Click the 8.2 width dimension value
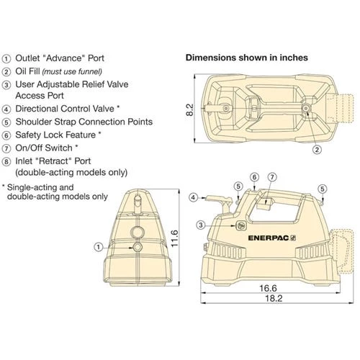pos(189,109)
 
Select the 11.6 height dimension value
pos(174,238)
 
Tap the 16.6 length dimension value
pos(268,288)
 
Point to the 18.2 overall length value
pos(274,298)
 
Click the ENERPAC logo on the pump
pos(272,238)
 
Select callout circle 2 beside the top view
pos(317,150)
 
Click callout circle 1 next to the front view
pos(99,247)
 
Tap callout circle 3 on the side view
pos(201,225)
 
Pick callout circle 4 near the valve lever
pos(194,198)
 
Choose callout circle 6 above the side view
pos(254,177)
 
